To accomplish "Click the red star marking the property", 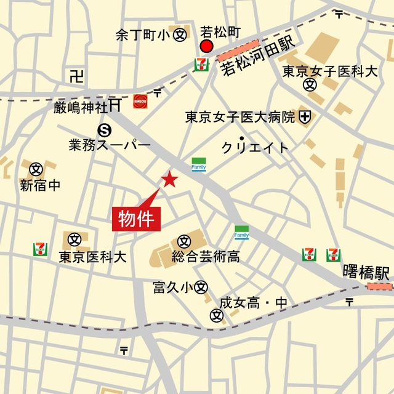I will pos(169,179).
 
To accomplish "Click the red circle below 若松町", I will pos(207,47).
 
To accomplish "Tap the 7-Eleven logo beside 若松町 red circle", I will pos(200,65).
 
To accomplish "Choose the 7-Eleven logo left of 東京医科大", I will pos(41,249).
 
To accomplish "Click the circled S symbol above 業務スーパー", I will pos(105,129).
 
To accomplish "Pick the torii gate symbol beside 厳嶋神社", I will pos(115,105).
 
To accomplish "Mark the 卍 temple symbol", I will pos(76,76).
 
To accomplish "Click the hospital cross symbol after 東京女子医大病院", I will pos(305,116).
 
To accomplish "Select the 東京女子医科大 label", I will pos(329,71).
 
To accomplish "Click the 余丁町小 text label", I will pos(142,35).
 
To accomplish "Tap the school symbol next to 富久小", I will pos(201,287).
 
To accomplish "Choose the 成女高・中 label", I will pos(253,303).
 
